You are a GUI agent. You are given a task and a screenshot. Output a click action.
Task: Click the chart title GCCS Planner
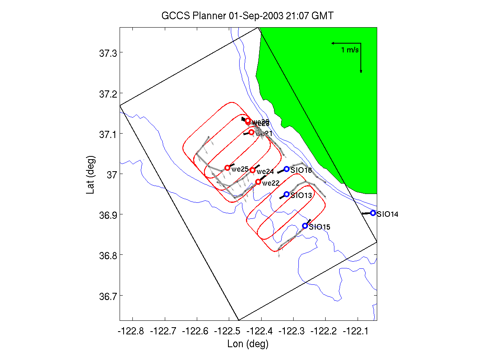point(247,16)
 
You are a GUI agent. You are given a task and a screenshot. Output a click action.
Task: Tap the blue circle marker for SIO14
point(373,213)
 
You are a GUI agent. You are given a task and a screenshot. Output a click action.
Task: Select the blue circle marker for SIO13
point(286,194)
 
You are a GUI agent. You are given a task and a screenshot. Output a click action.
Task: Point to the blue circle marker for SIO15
point(305,226)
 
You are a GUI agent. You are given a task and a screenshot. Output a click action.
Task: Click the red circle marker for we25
point(227,168)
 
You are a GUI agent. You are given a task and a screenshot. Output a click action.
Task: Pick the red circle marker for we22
point(258,182)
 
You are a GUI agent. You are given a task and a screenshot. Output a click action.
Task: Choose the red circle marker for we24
point(252,170)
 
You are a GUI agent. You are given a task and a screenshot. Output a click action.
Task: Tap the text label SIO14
point(387,214)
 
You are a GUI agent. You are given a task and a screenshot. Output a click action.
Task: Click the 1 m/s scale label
point(350,50)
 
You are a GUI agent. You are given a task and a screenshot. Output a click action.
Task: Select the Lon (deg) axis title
point(248,344)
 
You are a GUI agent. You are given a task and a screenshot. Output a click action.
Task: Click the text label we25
point(240,169)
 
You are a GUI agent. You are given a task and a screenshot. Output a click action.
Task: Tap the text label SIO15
point(320,227)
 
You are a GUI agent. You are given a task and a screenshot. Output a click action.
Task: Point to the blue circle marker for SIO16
point(286,169)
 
